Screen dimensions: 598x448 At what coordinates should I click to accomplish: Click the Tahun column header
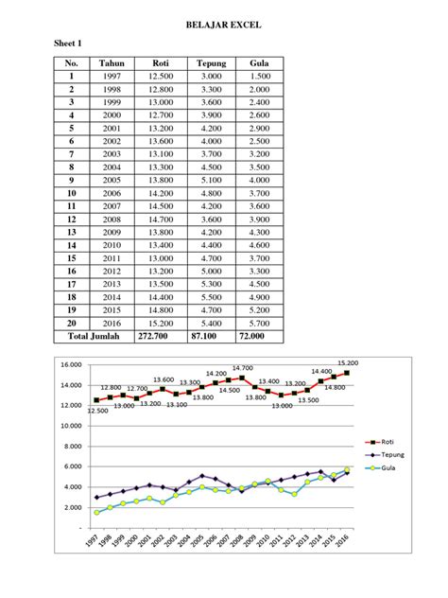112,63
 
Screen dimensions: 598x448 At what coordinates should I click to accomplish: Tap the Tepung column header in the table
210,63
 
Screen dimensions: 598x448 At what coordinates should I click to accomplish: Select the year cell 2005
112,180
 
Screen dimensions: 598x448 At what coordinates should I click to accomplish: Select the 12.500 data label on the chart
97,411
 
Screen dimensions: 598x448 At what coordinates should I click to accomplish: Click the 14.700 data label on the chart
242,368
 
